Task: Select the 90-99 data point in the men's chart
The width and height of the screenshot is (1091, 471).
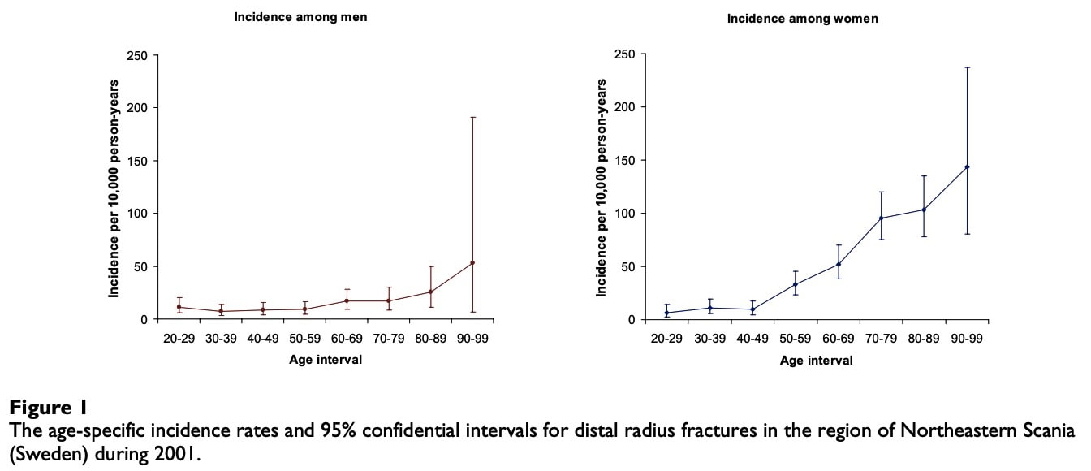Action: pos(472,262)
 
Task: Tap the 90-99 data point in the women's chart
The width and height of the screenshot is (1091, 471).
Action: pos(968,167)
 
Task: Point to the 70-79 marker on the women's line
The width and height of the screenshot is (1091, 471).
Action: pos(881,218)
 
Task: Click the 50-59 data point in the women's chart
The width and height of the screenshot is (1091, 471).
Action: pos(796,284)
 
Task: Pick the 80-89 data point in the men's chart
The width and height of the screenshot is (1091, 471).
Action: pos(430,292)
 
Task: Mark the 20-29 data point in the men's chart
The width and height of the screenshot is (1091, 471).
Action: pos(178,307)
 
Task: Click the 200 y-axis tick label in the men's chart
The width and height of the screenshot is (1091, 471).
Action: pos(139,108)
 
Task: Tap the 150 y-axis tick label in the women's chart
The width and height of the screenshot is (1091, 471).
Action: pos(626,161)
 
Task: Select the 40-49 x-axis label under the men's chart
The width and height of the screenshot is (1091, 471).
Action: pos(262,338)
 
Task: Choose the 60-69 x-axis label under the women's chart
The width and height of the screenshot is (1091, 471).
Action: pos(838,338)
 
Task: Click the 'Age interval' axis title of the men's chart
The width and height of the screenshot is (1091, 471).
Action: pos(326,360)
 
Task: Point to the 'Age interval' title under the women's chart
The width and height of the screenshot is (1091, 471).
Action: pos(817,361)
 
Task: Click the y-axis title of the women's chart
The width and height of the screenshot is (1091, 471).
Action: pos(602,188)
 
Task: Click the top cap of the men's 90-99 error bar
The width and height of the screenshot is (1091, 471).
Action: pos(472,118)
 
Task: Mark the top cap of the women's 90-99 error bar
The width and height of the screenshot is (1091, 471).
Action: pos(968,67)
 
